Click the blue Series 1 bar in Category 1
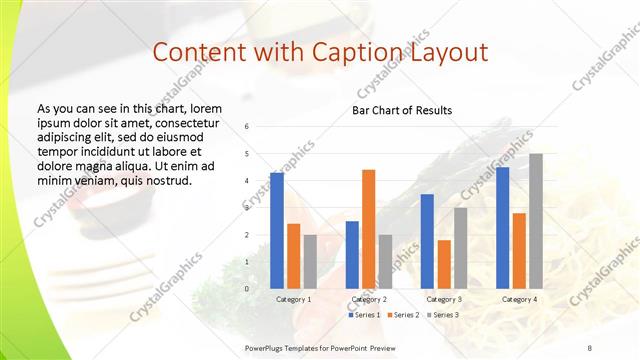point(277,230)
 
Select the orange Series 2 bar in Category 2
point(368,229)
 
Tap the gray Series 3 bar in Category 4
point(536,221)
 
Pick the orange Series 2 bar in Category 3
point(444,264)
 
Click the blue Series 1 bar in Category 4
point(502,227)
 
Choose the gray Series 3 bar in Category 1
point(310,261)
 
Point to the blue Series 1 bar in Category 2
point(352,254)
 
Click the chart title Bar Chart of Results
point(402,110)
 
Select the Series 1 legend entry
point(363,315)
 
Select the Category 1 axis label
point(293,299)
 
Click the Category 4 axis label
point(519,299)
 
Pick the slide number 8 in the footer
point(589,346)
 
